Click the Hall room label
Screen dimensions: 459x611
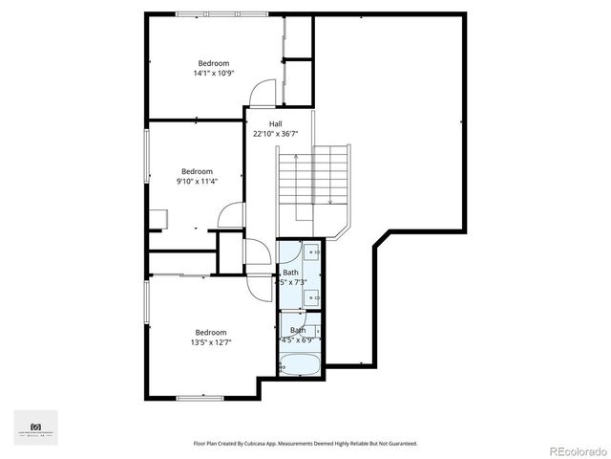(275, 124)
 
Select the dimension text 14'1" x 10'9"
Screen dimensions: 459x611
(213, 74)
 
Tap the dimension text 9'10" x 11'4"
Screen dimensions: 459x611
(197, 182)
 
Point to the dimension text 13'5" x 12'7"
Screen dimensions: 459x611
(211, 342)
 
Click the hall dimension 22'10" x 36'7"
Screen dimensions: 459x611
(275, 135)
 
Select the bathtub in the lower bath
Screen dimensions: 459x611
(301, 364)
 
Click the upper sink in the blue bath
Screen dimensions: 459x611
(311, 254)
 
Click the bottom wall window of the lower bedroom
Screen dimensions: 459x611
(199, 397)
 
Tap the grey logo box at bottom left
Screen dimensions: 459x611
(35, 427)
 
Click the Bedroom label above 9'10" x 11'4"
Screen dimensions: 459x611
(197, 171)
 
